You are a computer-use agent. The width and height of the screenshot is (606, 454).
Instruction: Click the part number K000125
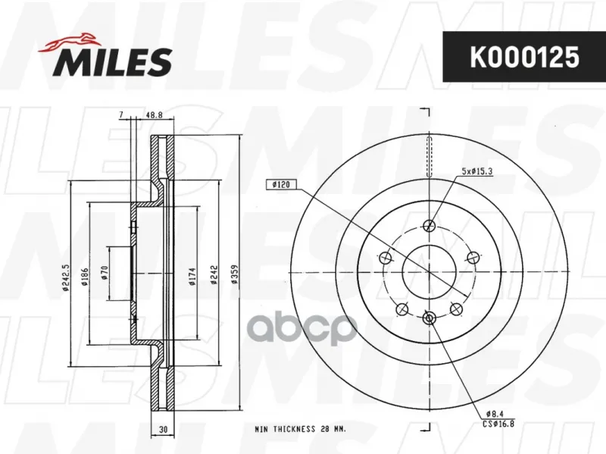click(524, 57)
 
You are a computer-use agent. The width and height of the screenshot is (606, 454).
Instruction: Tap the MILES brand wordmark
click(112, 62)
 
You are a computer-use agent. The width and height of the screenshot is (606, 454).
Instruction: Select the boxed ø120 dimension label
click(281, 184)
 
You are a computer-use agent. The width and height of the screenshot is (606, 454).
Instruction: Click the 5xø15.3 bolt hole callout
click(477, 171)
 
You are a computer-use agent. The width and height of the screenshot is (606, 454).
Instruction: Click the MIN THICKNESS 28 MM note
click(300, 429)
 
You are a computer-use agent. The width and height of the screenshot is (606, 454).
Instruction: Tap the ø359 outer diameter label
click(235, 274)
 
